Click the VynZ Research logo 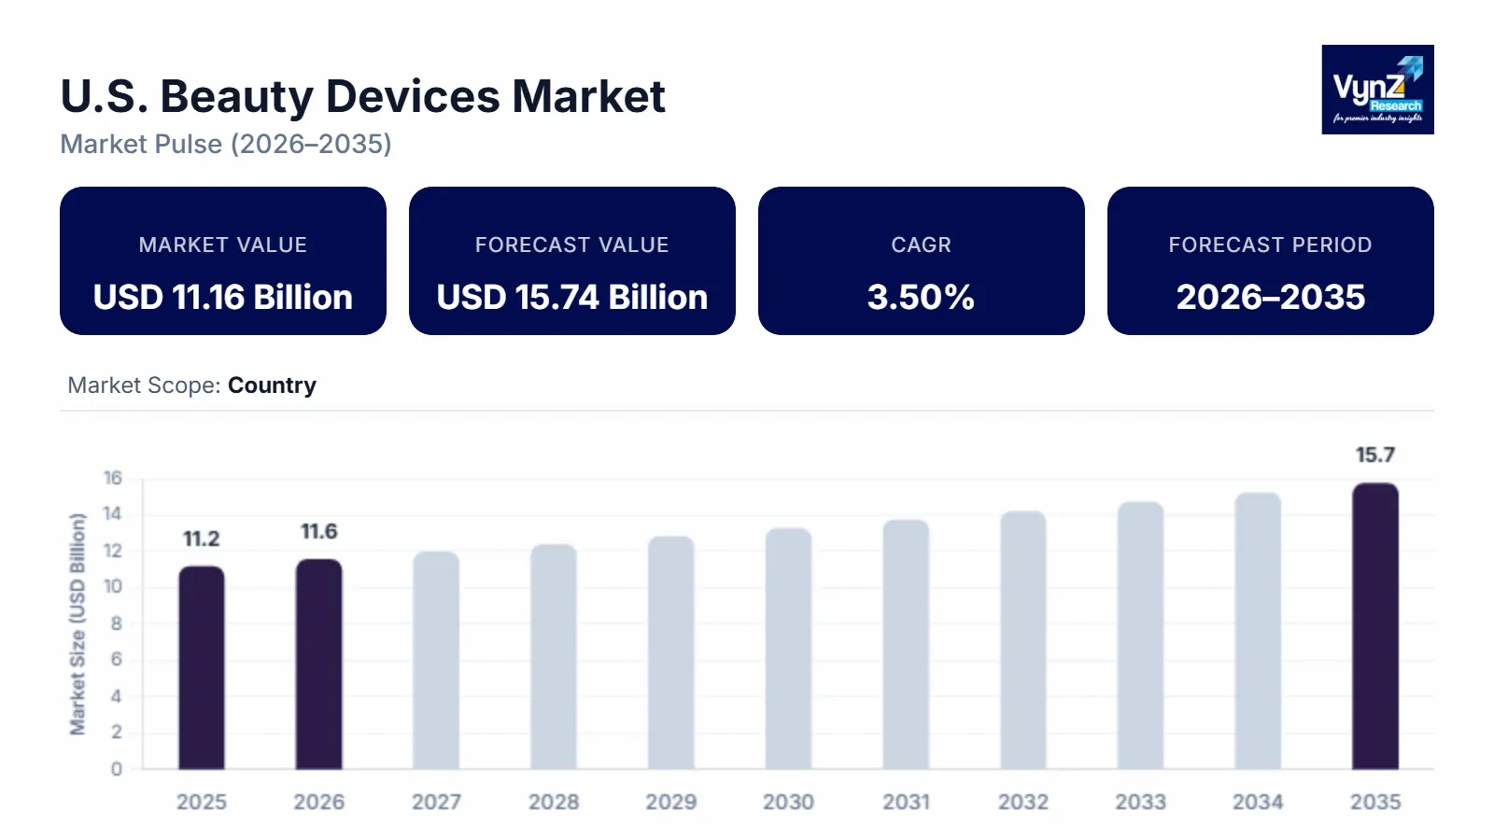(x=1377, y=90)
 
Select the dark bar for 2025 (x=202, y=667)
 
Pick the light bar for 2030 (x=788, y=649)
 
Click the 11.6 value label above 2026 (x=318, y=532)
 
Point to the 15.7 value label (x=1375, y=455)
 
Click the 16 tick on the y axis (x=112, y=479)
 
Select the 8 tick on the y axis (x=116, y=623)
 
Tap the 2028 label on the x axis (x=554, y=802)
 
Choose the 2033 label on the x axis (x=1140, y=802)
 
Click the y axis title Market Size (x=78, y=623)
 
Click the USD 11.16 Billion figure (x=223, y=298)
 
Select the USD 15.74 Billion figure (x=571, y=298)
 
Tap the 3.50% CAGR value (x=921, y=298)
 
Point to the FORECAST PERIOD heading (x=1270, y=245)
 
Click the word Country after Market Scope (x=272, y=385)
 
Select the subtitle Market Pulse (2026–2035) (x=226, y=144)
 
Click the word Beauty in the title (x=236, y=96)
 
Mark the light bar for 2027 (x=436, y=661)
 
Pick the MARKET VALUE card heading (x=223, y=245)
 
